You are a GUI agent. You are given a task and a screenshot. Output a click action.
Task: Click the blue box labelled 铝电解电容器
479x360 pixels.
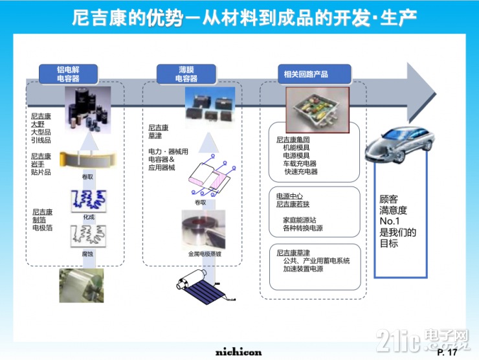[x=69, y=74]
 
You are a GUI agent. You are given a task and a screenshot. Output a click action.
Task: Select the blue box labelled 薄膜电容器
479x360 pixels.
[x=187, y=74]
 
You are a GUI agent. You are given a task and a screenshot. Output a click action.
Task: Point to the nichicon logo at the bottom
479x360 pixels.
[x=239, y=352]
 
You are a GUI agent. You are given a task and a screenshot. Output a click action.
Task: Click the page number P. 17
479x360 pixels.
[x=447, y=352]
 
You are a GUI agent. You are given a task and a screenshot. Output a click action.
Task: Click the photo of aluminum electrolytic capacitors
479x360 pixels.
[x=87, y=110]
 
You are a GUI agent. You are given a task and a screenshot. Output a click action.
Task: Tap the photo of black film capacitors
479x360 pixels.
[x=205, y=107]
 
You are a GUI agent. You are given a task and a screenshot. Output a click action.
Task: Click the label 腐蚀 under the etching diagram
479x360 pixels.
[x=88, y=254]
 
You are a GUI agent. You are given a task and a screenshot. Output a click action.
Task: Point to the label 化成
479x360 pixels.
[x=88, y=217]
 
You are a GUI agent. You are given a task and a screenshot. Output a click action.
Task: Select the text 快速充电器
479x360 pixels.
[x=300, y=172]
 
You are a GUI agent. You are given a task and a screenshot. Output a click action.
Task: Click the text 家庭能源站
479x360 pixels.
[x=298, y=220]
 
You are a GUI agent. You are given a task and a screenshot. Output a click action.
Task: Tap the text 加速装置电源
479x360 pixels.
[x=303, y=269]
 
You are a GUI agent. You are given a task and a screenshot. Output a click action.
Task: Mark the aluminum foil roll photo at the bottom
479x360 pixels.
[x=81, y=286]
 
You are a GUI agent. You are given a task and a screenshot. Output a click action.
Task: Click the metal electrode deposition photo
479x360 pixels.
[x=203, y=230]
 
